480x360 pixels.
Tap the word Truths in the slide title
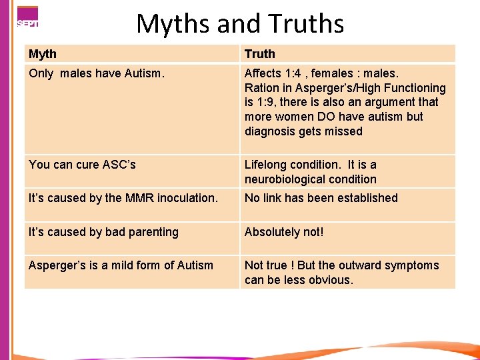point(306,24)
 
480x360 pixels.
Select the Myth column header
point(43,54)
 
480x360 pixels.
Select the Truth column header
point(260,54)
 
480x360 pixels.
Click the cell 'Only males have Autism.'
point(95,73)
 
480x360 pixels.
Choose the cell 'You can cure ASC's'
point(82,165)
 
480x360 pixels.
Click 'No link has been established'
point(321,198)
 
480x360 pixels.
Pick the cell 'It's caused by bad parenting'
point(103,232)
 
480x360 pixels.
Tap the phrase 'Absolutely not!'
point(284,232)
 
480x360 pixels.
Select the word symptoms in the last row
point(413,265)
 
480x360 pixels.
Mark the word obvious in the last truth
point(326,280)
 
